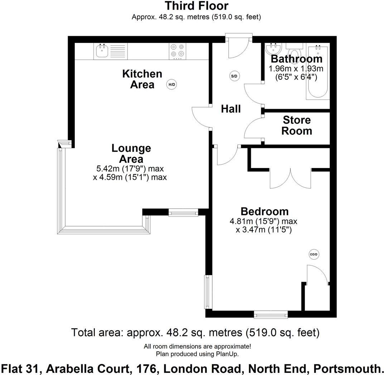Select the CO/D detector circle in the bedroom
click(313, 254)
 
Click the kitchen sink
click(102, 51)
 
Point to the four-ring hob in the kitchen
click(178, 51)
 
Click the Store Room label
click(296, 125)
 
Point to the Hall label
click(231, 109)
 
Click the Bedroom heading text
click(264, 211)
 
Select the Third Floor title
click(196, 6)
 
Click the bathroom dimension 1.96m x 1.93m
click(296, 68)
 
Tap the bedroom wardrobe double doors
click(290, 177)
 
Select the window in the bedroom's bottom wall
click(271, 315)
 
